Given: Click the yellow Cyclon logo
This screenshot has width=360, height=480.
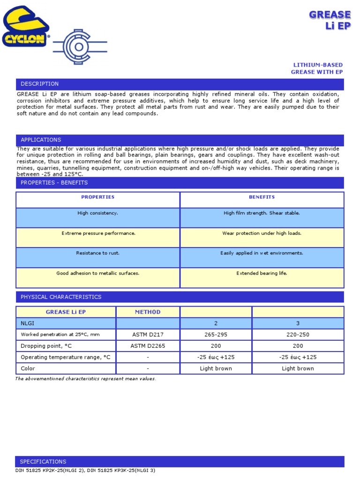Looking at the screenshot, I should point(26,27).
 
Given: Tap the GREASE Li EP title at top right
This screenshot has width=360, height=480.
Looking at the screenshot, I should point(330,21).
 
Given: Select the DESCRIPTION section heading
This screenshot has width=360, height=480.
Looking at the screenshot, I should point(40,84).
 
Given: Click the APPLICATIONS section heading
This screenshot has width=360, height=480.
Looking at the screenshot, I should point(41,140).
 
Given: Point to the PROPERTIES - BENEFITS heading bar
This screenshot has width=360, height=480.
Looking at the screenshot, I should point(54,182).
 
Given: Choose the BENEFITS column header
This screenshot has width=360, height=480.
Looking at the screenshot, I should point(262,197).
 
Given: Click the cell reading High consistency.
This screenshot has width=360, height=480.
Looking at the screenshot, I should point(98,213).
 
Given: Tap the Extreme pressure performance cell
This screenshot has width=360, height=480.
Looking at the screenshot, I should point(98,233).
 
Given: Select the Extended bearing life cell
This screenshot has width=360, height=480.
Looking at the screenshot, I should point(262,273).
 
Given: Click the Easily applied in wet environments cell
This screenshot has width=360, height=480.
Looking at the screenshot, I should point(262,253).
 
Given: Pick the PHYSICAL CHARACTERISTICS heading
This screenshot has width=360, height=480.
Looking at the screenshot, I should point(60,297).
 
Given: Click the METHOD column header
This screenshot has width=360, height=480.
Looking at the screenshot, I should point(148,312).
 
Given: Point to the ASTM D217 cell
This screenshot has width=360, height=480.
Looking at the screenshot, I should point(148,335).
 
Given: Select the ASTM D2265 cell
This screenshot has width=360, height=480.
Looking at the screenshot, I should point(148,346).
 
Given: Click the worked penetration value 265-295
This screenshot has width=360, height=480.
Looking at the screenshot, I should point(216,335).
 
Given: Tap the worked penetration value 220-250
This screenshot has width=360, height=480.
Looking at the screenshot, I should point(298,335).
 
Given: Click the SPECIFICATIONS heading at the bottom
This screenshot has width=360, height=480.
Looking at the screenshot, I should point(43,461).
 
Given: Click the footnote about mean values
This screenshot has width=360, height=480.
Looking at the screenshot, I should point(85,379).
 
